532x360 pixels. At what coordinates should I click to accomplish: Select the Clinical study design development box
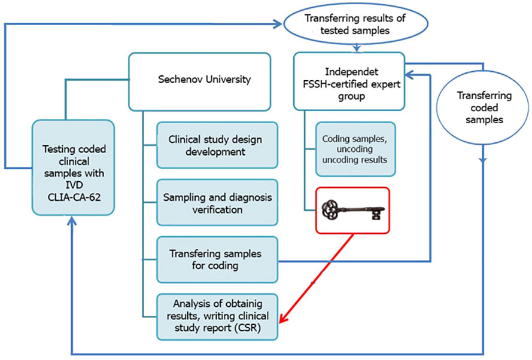pyautogui.click(x=217, y=145)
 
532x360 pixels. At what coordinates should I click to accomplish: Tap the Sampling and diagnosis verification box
pyautogui.click(x=217, y=202)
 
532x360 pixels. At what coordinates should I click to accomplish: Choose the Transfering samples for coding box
pyautogui.click(x=217, y=259)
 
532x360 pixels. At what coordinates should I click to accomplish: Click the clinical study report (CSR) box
pyautogui.click(x=217, y=315)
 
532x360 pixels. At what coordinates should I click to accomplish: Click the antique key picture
pyautogui.click(x=352, y=210)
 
